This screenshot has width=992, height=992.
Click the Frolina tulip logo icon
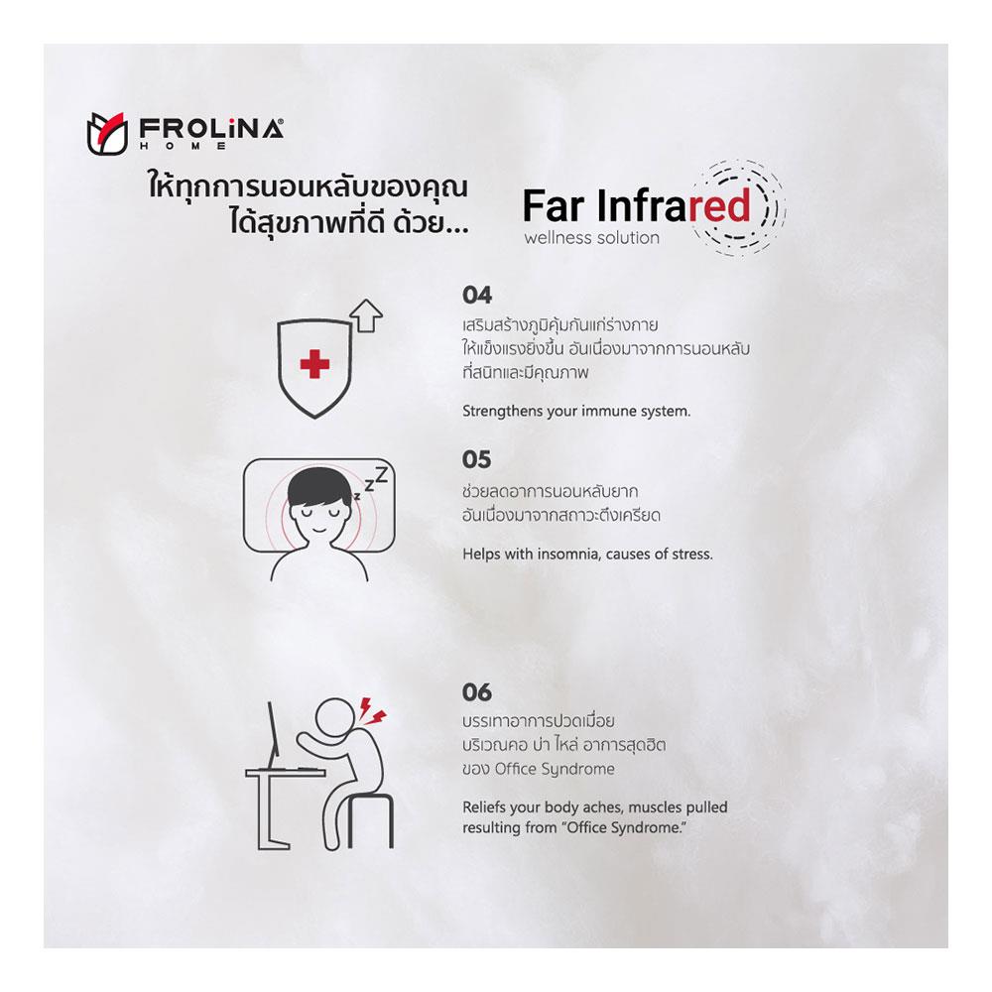(104, 132)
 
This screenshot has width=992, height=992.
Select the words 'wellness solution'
(591, 238)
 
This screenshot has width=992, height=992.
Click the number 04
(477, 296)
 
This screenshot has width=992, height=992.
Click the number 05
(477, 460)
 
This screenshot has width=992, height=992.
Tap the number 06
(477, 692)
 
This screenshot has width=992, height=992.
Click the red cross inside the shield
(314, 365)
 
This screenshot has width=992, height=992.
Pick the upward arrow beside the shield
(367, 316)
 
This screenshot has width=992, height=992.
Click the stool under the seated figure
(370, 820)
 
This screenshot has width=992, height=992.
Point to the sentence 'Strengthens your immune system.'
(576, 411)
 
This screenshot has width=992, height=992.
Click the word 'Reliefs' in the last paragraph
(484, 806)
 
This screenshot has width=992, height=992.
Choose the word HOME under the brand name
(184, 146)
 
